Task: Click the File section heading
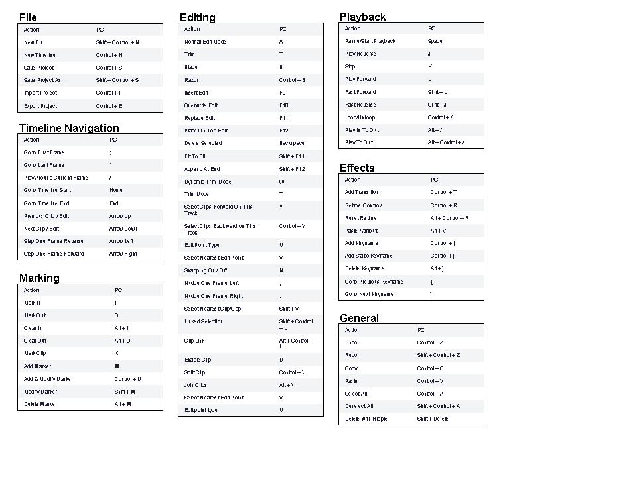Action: tap(29, 17)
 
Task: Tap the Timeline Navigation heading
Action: tap(69, 128)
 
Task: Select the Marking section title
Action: tap(39, 278)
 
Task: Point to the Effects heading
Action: tap(357, 168)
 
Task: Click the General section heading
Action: tap(359, 318)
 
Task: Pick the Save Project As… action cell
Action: tap(45, 80)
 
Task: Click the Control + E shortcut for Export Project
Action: tap(109, 106)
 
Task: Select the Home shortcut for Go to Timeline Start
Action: tap(116, 190)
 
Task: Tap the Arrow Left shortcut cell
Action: tap(121, 241)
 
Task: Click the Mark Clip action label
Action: tap(35, 353)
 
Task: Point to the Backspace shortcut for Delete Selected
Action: tap(291, 143)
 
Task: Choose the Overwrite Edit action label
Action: tap(201, 105)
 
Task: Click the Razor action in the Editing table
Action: tap(191, 80)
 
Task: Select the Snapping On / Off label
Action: tap(206, 270)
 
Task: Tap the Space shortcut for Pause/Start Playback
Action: tap(435, 41)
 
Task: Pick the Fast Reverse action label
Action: tap(360, 105)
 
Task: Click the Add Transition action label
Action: tap(362, 192)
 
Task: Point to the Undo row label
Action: tap(351, 343)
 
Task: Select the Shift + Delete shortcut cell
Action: tap(433, 419)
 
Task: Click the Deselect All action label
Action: tap(359, 406)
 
